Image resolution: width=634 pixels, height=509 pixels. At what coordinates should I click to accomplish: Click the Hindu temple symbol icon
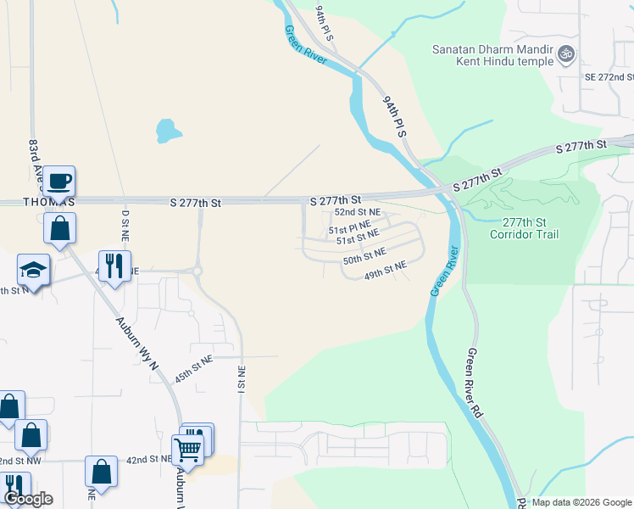click(x=566, y=55)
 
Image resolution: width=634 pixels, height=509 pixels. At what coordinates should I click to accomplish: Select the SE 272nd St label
click(x=609, y=76)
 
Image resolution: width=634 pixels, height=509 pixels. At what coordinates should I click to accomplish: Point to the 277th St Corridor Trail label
click(x=524, y=227)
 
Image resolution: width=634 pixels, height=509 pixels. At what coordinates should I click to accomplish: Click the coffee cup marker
click(x=59, y=182)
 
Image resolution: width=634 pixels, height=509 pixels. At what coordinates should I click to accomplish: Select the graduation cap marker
click(x=34, y=270)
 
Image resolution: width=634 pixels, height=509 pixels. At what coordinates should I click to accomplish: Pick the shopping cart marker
click(x=187, y=448)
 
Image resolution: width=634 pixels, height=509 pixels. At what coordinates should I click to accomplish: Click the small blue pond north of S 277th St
click(x=168, y=131)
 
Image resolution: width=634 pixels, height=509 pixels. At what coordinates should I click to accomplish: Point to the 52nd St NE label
click(x=357, y=212)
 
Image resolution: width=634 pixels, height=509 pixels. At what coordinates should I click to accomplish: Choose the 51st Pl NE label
click(x=350, y=228)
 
